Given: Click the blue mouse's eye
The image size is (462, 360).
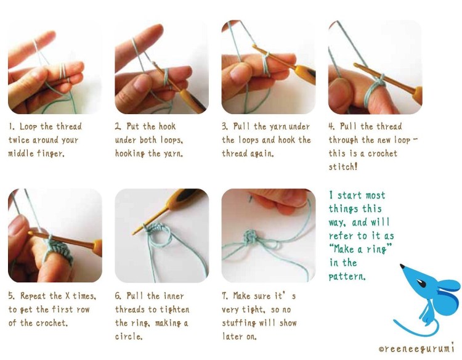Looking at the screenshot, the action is point(421,284).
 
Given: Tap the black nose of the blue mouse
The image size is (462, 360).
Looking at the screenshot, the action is point(402,266).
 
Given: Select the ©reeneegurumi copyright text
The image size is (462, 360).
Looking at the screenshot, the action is point(416,348).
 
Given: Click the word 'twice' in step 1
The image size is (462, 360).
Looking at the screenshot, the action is point(19,140).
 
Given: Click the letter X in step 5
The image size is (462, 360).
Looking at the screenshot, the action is point(68,295).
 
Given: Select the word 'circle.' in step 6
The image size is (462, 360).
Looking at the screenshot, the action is point(129,336).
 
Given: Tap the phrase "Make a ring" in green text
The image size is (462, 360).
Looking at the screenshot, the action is point(360,249).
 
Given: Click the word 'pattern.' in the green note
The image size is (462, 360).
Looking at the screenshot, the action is point(347,277).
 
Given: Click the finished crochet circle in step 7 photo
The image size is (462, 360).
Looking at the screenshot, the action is point(251,238).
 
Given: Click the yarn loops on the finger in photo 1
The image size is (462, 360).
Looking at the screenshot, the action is point(62,72).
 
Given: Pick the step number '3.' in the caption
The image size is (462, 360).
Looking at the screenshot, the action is point(225,126).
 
